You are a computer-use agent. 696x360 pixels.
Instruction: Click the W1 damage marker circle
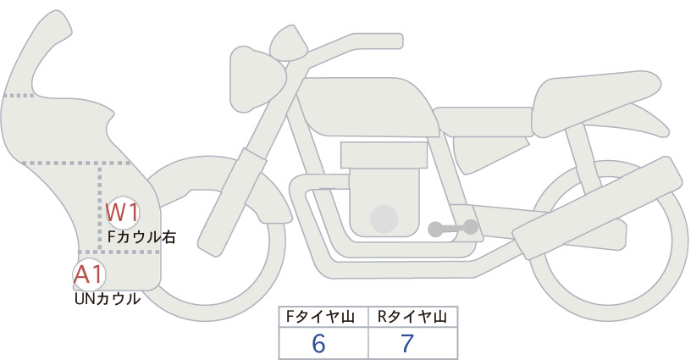[x=123, y=213]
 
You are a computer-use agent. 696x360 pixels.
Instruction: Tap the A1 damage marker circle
[x=89, y=274]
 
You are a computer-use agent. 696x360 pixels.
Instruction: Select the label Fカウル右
[x=141, y=237]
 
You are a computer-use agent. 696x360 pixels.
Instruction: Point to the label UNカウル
[x=108, y=299]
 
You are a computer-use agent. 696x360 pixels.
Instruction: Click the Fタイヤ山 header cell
[x=323, y=317]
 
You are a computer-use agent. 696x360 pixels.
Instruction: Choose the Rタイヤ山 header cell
[x=413, y=317]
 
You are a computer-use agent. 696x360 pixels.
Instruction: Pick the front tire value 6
[x=318, y=343]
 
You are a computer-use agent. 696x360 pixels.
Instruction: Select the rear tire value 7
[x=407, y=343]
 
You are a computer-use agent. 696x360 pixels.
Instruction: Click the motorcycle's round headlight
[x=257, y=79]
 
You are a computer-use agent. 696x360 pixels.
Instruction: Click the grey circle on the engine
[x=384, y=219]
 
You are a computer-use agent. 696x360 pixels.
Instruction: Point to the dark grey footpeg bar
[x=453, y=228]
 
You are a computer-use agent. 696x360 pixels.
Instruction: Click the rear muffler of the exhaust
[x=598, y=208]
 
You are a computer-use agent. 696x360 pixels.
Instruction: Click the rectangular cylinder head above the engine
[x=384, y=155]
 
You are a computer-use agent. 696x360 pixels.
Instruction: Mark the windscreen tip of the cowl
[x=60, y=20]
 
